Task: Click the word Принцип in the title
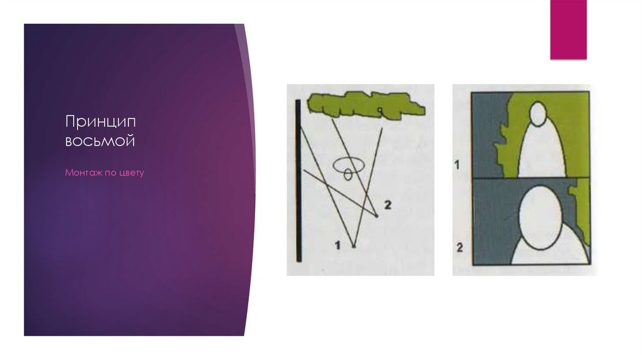[100, 122]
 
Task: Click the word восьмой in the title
[100, 141]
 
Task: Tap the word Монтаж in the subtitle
[83, 172]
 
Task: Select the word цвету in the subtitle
[132, 173]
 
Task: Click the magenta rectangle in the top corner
[568, 29]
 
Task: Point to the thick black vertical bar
[298, 180]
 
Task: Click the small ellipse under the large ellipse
[348, 174]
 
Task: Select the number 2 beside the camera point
[387, 204]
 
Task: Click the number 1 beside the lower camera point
[338, 245]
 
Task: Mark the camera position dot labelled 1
[354, 246]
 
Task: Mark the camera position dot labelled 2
[376, 216]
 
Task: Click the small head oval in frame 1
[538, 114]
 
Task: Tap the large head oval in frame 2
[540, 218]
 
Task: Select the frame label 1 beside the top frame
[457, 165]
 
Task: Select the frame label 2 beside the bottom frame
[460, 247]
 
